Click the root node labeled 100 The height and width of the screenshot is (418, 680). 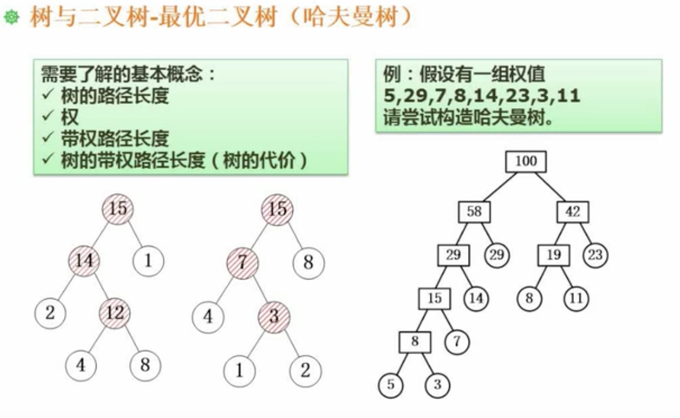coord(526,161)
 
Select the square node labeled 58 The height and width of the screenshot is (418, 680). coord(474,212)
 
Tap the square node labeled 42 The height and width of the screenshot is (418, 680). coord(572,212)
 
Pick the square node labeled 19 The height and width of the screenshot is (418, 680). coord(553,255)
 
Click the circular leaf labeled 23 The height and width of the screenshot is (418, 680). coord(595,255)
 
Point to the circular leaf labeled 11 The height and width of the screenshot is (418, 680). coord(576,299)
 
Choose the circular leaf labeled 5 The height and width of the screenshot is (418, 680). coord(391,385)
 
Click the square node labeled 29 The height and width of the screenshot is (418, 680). coord(453,255)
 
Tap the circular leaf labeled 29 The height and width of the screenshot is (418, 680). coord(497,255)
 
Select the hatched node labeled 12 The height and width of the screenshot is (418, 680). coord(115,313)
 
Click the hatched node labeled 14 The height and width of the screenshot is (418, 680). coord(84,261)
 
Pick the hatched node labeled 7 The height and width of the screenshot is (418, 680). coord(243,262)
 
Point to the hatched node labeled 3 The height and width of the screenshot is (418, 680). coord(274,316)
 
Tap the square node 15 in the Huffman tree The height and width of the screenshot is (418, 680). coord(434,299)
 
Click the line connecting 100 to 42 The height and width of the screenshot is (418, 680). coord(550,187)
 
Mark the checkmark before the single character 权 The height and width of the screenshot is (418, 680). coord(48,116)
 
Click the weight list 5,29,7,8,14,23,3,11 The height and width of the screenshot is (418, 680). coord(482,96)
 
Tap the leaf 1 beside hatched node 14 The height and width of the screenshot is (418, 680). coord(148,261)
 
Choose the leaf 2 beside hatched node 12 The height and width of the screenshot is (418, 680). coord(50,313)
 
